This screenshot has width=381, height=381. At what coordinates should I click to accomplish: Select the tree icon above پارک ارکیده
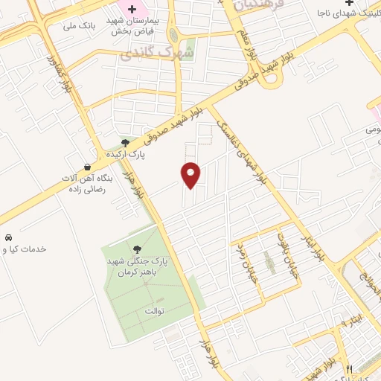(x=125, y=142)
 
